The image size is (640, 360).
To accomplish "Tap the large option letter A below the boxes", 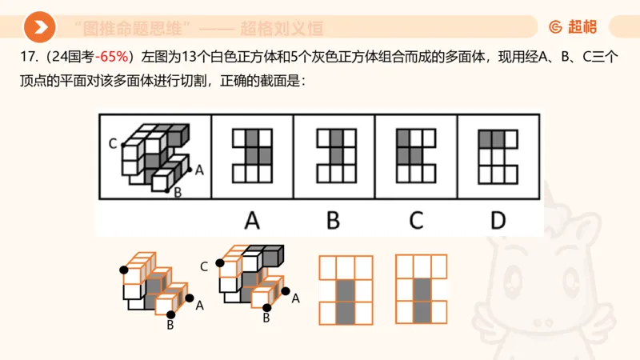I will [x=252, y=218].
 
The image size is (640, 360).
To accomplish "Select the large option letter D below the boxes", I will [x=498, y=218].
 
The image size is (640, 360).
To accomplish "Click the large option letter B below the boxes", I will [x=334, y=218].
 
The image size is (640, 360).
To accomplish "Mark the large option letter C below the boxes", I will [x=416, y=218].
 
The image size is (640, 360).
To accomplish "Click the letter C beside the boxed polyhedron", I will [x=113, y=144].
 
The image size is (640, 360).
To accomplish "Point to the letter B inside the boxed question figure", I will [x=178, y=191].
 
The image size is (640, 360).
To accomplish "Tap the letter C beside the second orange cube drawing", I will [x=204, y=265].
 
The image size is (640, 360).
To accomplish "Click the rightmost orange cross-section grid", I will [x=422, y=289].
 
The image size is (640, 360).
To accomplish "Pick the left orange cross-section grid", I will [x=346, y=289].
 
